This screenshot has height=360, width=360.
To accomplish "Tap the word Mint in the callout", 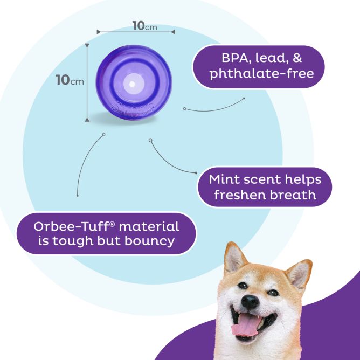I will point(224,179).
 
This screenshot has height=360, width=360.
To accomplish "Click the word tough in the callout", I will point(70,240).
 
